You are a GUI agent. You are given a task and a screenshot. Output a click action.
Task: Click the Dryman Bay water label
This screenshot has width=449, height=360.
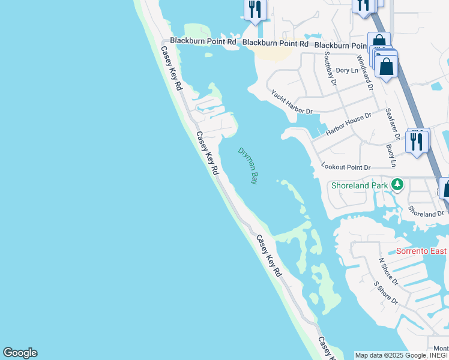pyautogui.click(x=248, y=166)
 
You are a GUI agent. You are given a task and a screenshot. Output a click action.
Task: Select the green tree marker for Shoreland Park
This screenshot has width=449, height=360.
pyautogui.click(x=396, y=184)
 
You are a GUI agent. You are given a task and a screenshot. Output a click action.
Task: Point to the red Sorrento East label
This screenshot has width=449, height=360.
pyautogui.click(x=421, y=250)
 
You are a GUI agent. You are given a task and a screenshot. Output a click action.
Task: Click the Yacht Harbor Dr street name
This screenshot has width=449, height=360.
pyautogui.click(x=292, y=103)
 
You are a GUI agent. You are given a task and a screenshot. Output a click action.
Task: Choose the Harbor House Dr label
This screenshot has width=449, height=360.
pyautogui.click(x=348, y=123)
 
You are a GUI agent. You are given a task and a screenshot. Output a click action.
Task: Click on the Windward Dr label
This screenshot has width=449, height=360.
pyautogui.click(x=365, y=73)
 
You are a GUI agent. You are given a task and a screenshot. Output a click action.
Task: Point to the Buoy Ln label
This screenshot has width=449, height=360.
pyautogui.click(x=393, y=155)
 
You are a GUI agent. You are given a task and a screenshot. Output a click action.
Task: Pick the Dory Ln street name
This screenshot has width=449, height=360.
pyautogui.click(x=347, y=70)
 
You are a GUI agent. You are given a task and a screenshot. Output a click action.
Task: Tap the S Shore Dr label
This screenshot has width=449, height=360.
pyautogui.click(x=385, y=292)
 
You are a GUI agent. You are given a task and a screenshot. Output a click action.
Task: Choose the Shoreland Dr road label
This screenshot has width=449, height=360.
pyautogui.click(x=426, y=211)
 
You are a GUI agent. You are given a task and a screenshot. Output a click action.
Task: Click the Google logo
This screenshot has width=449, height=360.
pyautogui.click(x=20, y=353)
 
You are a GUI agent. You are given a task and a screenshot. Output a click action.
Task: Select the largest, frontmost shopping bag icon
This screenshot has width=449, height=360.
pyautogui.click(x=387, y=66)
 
